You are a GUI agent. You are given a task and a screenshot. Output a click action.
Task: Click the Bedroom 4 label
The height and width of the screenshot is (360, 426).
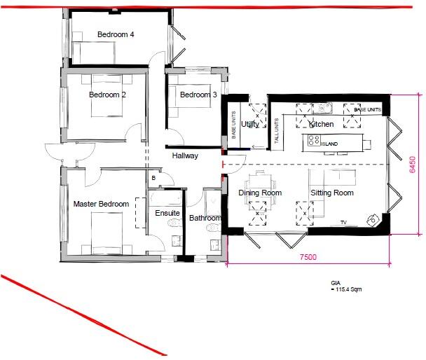click(116, 34)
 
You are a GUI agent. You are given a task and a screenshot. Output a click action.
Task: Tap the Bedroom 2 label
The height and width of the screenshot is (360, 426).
click(107, 95)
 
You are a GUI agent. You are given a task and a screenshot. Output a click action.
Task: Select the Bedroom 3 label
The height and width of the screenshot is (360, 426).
click(198, 95)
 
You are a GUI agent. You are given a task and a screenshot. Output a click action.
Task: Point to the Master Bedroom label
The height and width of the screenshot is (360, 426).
click(101, 205)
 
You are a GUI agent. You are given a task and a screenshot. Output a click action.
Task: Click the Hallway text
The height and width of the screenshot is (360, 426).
click(186, 156)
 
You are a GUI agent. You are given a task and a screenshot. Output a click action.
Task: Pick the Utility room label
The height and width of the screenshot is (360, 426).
click(251, 124)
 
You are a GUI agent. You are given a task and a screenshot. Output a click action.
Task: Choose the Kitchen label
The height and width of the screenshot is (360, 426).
click(322, 125)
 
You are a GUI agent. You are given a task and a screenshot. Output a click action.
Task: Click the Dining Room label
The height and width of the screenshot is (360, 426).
click(260, 193)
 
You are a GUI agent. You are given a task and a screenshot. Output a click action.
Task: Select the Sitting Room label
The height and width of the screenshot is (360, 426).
click(332, 193)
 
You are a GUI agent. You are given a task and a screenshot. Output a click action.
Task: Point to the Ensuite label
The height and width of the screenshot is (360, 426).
click(167, 213)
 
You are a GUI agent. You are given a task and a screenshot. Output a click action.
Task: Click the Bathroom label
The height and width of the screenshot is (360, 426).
click(205, 219)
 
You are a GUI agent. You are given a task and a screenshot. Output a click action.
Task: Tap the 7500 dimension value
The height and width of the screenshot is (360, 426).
click(308, 257)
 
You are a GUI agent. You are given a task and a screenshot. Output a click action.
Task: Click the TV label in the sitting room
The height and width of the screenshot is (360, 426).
click(343, 223)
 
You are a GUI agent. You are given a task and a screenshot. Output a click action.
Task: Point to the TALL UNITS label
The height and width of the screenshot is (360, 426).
click(277, 129)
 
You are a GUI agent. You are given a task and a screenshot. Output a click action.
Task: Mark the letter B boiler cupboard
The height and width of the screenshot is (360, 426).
click(153, 179)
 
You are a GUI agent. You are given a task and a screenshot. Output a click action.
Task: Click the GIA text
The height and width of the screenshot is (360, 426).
click(336, 283)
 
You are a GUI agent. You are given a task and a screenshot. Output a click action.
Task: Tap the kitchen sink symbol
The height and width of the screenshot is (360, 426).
click(324, 109)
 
